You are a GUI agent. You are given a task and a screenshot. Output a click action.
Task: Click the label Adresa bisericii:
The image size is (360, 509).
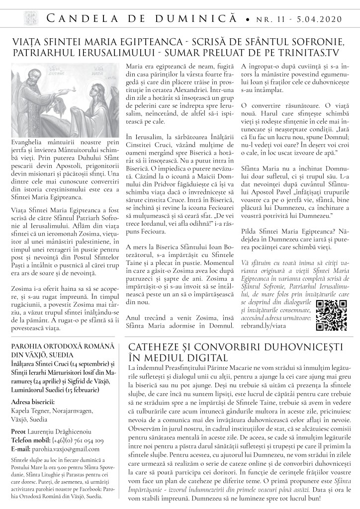[x=33, y=401]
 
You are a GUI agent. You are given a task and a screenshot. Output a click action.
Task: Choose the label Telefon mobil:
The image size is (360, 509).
[x=28, y=440]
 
